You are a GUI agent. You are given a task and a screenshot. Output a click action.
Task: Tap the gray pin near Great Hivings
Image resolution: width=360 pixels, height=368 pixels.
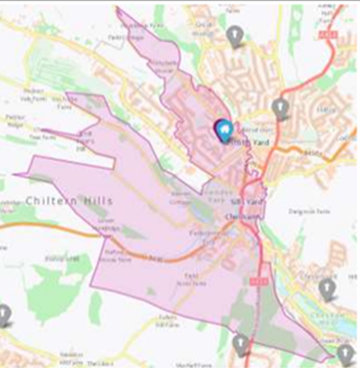(x=235, y=35)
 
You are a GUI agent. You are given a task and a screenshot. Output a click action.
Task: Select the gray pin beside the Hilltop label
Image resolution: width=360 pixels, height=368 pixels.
(x=280, y=108)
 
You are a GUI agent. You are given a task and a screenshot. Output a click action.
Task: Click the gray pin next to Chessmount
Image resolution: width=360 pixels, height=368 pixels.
(x=327, y=288)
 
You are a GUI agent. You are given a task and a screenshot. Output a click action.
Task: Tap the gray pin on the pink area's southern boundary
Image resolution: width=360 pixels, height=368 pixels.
(x=241, y=344)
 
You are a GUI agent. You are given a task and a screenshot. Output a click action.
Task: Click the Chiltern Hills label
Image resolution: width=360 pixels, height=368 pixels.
(x=68, y=200)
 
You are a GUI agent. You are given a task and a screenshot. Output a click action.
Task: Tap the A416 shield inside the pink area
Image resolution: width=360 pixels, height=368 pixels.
(x=252, y=280)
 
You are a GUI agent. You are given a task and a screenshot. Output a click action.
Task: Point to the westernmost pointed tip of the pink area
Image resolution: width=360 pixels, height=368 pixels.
(x=14, y=175)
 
